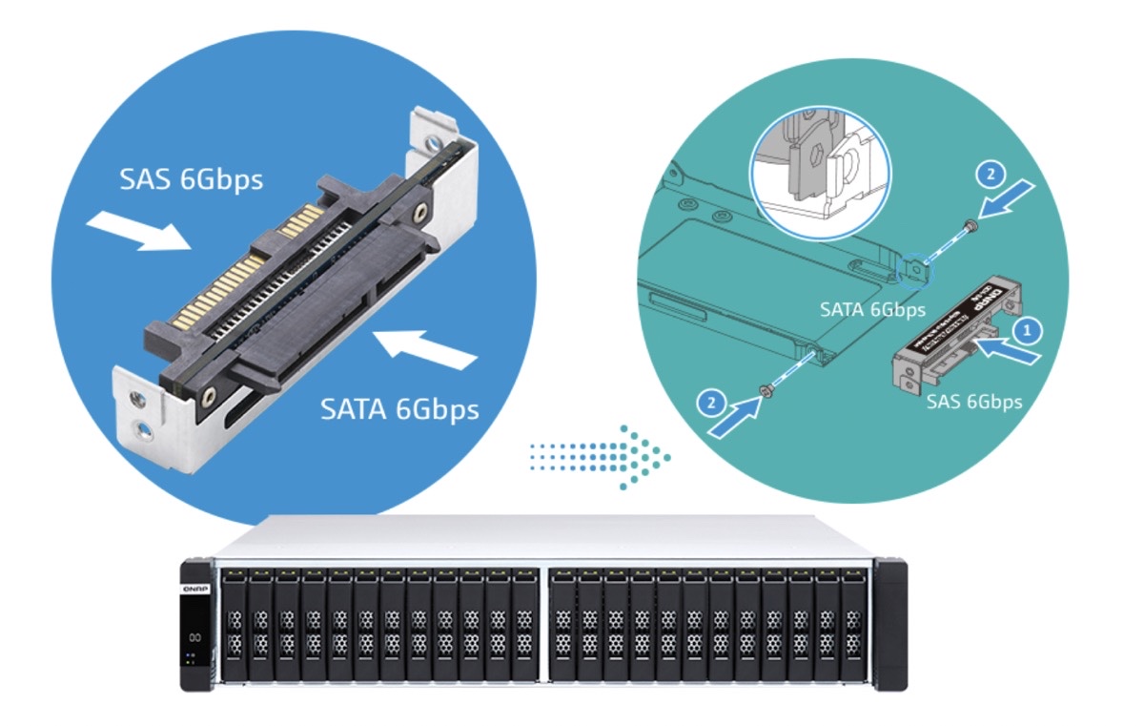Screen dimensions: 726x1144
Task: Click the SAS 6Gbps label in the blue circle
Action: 191,178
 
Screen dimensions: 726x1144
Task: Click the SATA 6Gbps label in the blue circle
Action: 399,409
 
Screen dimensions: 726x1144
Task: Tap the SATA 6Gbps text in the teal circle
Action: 873,309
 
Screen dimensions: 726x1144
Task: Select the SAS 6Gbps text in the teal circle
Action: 974,402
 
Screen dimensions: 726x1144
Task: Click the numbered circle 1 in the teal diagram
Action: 1026,330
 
